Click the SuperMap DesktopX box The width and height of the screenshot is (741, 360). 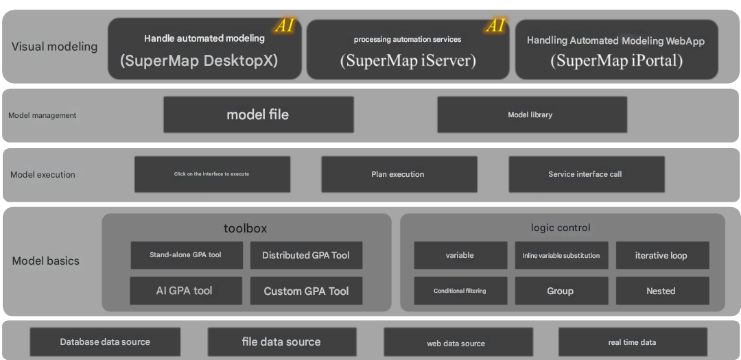204,49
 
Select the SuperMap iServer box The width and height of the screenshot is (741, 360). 408,49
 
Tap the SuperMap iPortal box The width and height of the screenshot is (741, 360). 616,49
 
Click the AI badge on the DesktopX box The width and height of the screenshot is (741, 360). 285,26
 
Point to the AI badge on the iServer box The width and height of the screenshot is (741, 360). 495,26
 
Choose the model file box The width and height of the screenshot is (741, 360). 258,115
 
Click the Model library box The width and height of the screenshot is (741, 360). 532,115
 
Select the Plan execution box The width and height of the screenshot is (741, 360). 399,174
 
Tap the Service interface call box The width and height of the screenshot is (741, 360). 586,174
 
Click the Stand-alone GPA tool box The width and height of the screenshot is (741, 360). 186,255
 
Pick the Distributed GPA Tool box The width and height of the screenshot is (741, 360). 306,255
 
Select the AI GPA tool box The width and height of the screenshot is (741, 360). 185,291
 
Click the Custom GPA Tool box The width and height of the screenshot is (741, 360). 306,291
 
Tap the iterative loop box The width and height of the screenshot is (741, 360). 661,255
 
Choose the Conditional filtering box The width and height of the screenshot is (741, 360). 460,291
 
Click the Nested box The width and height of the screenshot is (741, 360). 661,291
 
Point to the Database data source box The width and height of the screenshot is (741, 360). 105,341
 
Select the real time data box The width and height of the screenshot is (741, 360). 633,341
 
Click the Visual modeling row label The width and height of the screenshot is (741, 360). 55,47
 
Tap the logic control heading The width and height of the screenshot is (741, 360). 561,228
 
